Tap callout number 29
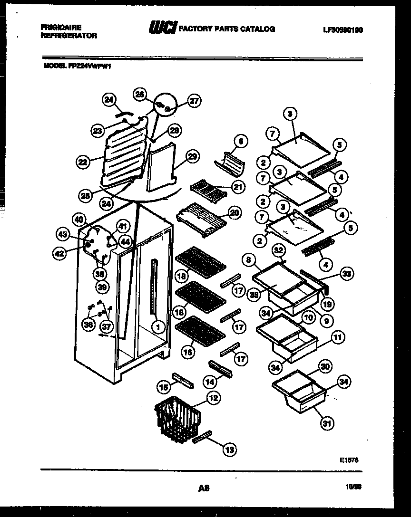pos(193,156)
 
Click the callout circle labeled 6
pos(241,141)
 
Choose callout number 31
pos(326,423)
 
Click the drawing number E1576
pos(349,460)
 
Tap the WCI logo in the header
pos(162,29)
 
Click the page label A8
pos(204,488)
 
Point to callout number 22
pos(83,162)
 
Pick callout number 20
pos(235,213)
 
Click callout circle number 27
pos(194,100)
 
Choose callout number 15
pos(164,388)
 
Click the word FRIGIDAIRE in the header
pos(61,28)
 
